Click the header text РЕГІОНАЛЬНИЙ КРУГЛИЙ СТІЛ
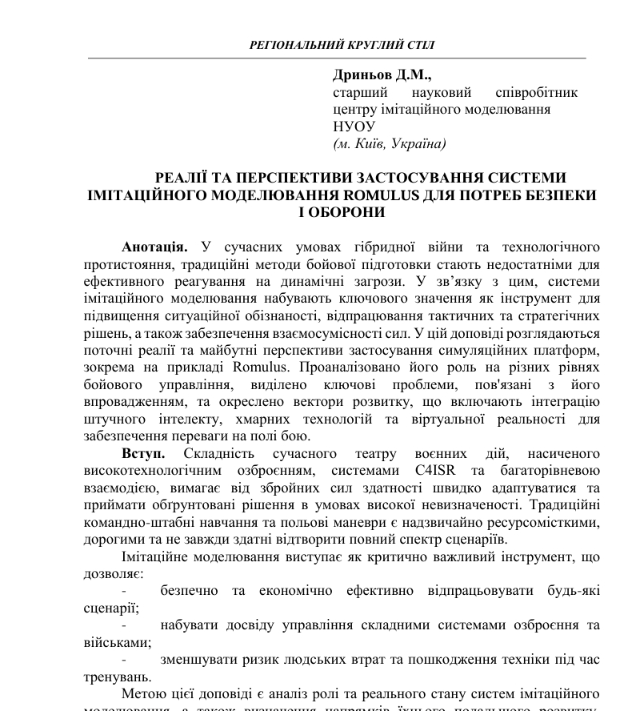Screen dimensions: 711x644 (x=342, y=45)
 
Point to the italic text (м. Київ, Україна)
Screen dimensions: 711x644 (x=390, y=144)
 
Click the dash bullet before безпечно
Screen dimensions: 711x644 (x=125, y=591)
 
